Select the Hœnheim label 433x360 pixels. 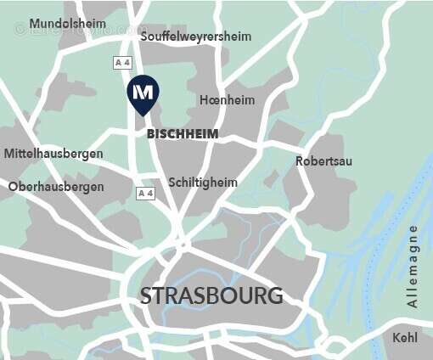tap(226, 100)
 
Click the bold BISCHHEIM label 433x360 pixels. tap(183, 134)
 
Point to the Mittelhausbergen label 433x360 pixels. tap(53, 154)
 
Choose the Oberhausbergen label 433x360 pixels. tap(56, 187)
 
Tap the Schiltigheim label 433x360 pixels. tap(203, 183)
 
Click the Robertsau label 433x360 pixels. tap(323, 161)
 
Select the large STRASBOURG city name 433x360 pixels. tap(211, 296)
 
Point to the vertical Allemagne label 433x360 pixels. tap(413, 267)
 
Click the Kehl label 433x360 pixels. tap(405, 338)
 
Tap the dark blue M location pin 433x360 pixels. tap(143, 95)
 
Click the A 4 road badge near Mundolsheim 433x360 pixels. tap(123, 63)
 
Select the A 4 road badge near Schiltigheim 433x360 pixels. tap(146, 194)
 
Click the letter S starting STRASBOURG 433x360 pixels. tap(146, 296)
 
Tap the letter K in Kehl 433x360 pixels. tap(396, 338)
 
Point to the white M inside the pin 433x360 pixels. tap(143, 91)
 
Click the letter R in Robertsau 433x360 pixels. tap(300, 161)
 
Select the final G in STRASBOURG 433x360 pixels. tap(274, 296)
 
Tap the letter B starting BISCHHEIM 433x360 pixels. tap(151, 134)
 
